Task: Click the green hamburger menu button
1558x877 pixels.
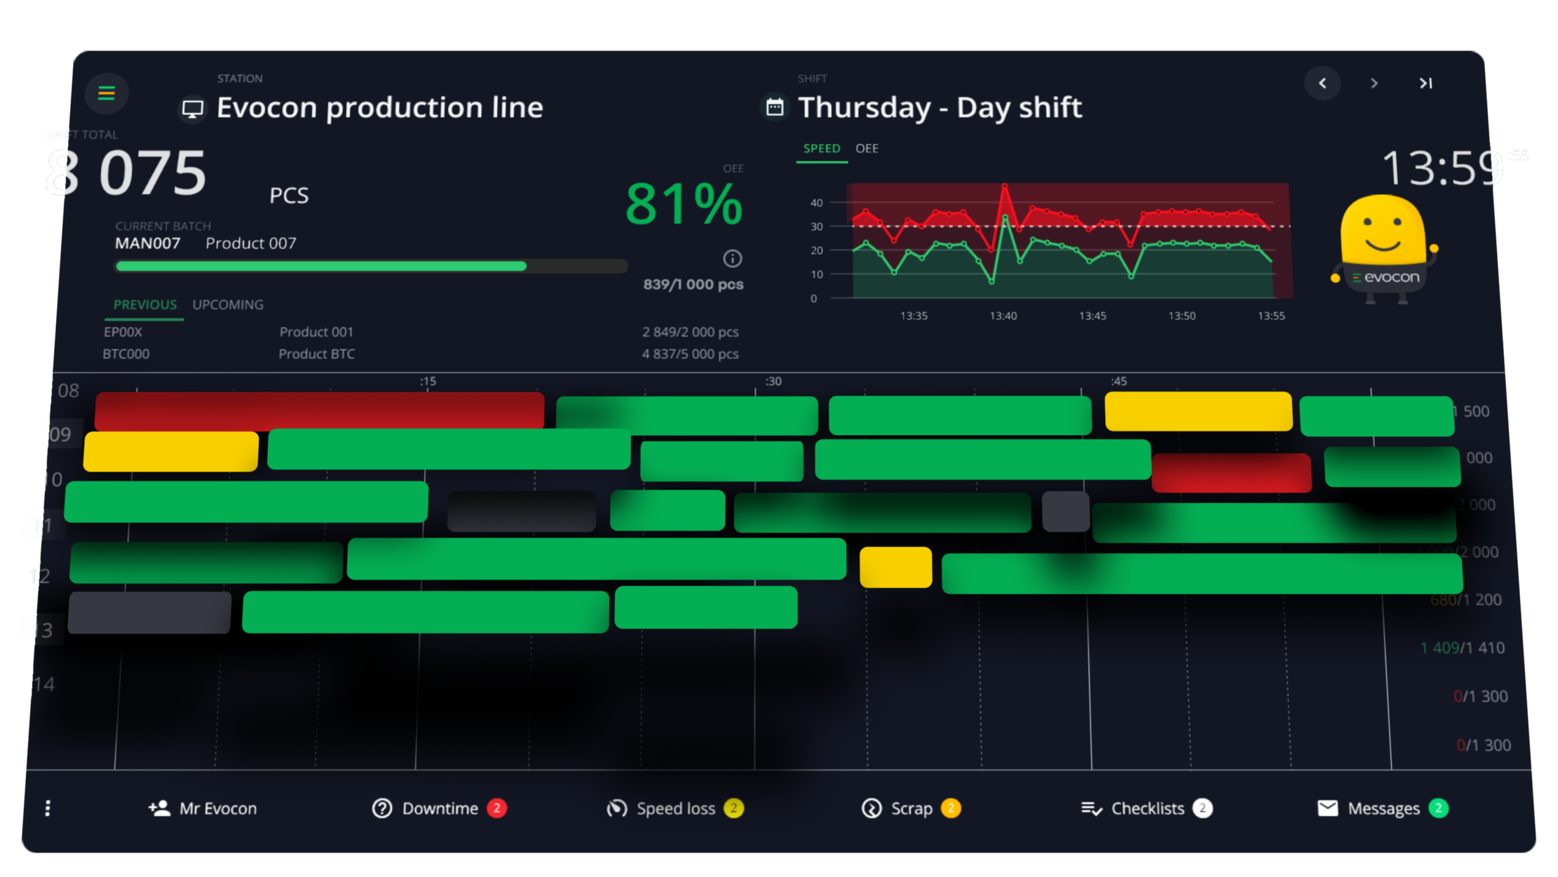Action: point(106,93)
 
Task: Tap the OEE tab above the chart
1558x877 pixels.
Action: point(867,149)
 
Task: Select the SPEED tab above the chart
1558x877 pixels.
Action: point(821,149)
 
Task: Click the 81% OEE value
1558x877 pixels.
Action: point(683,204)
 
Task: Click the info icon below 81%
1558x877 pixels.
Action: point(732,259)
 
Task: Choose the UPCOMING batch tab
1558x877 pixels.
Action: point(228,305)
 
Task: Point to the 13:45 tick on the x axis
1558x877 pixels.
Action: point(1092,316)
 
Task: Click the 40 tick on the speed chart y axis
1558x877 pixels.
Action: point(816,203)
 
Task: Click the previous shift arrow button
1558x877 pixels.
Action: point(1322,83)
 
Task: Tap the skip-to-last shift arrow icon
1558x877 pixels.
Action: point(1425,83)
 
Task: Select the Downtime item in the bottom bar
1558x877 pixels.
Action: point(440,808)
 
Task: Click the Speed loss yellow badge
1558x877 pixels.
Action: point(733,808)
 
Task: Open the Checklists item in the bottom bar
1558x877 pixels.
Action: point(1147,808)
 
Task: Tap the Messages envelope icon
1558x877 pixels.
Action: point(1327,808)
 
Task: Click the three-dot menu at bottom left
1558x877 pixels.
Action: point(48,808)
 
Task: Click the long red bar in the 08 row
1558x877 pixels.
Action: point(319,410)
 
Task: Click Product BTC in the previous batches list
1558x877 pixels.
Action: point(316,354)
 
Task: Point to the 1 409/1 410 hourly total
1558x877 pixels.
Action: point(1462,648)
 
